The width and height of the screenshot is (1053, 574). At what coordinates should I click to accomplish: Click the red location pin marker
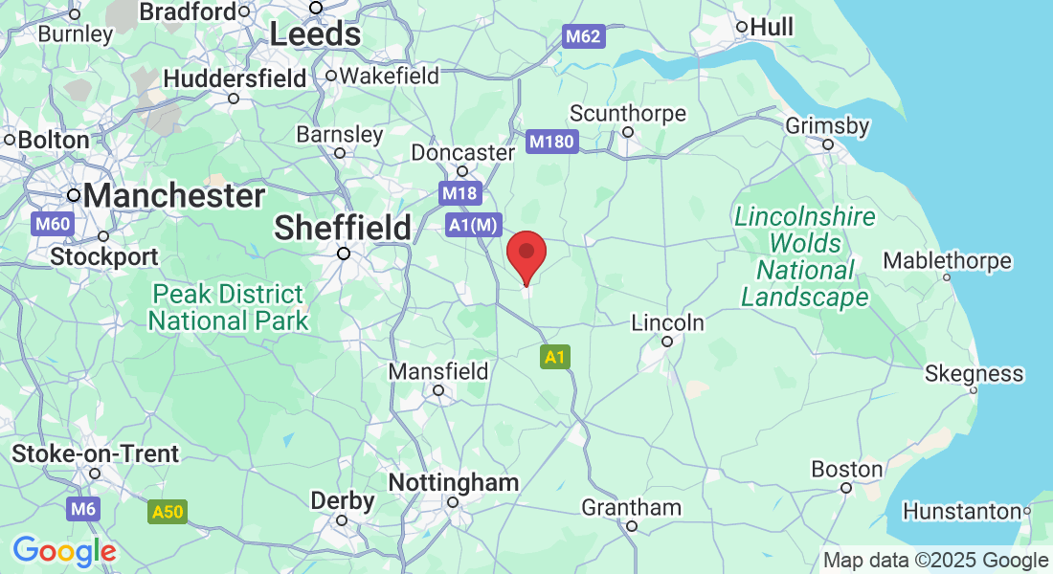click(x=526, y=254)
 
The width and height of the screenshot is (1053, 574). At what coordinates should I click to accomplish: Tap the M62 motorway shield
click(x=582, y=37)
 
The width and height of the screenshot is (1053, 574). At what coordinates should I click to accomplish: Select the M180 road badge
click(x=552, y=143)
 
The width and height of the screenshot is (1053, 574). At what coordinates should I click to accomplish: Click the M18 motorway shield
click(x=459, y=193)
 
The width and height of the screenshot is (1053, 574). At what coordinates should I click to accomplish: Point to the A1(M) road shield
click(x=474, y=225)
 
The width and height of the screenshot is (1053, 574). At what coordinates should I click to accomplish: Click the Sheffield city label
click(x=343, y=228)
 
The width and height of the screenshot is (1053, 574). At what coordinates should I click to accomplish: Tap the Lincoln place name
click(x=668, y=323)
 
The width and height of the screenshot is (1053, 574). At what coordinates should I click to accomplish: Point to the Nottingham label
click(x=454, y=483)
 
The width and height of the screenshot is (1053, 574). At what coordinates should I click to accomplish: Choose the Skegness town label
click(x=974, y=373)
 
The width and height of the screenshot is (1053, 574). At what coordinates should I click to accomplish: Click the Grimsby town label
click(x=827, y=126)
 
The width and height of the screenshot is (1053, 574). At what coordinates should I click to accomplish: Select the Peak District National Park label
click(x=228, y=306)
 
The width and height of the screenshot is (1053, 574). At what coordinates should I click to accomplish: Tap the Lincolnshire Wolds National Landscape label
click(x=805, y=257)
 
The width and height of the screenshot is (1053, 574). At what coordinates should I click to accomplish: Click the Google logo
click(x=64, y=551)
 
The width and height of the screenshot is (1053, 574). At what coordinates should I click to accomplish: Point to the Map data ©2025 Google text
click(x=935, y=561)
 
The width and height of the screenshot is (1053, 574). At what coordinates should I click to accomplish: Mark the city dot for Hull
click(x=742, y=27)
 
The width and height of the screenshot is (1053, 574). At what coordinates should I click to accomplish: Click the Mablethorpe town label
click(x=947, y=260)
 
